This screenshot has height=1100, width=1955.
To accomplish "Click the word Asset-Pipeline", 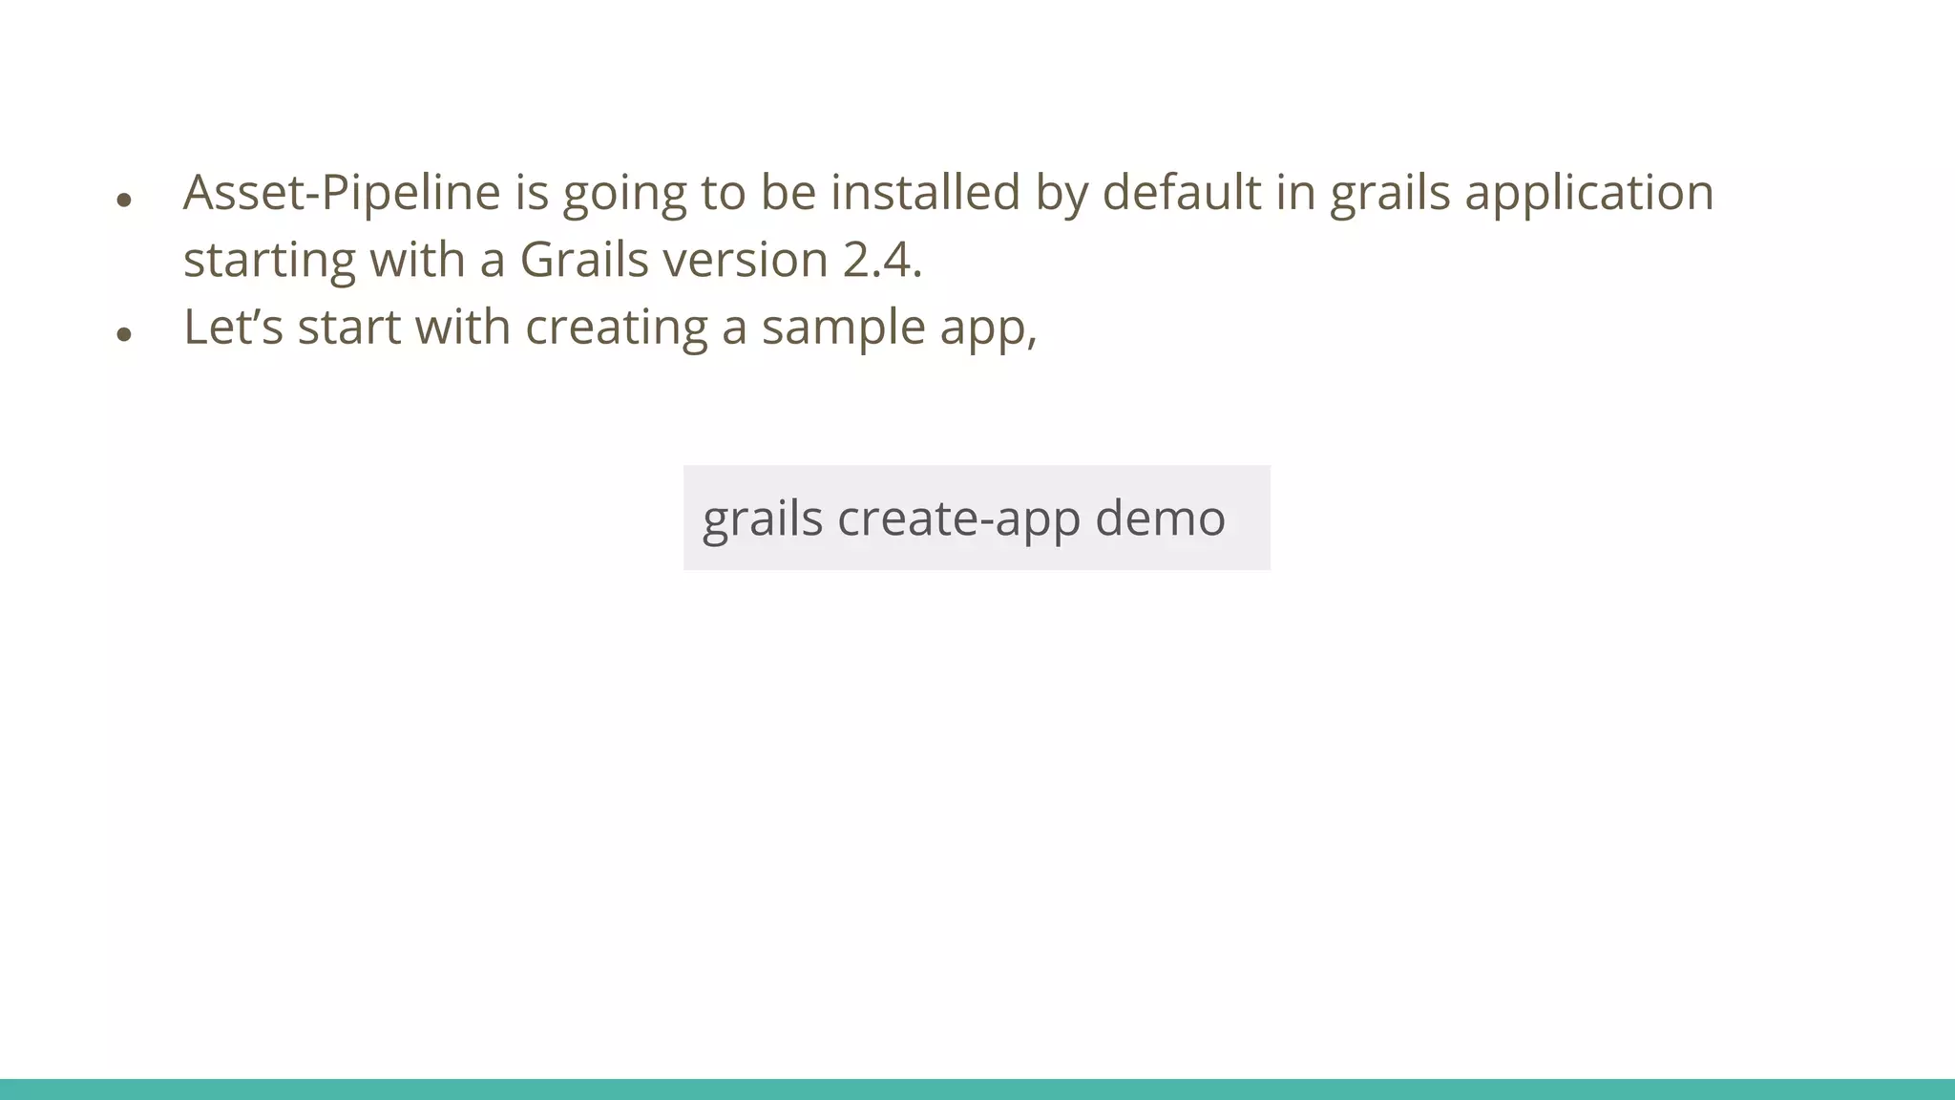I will (x=342, y=193).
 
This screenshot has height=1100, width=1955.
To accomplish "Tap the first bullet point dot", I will (x=123, y=200).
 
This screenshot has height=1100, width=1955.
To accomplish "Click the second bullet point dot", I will (x=123, y=334).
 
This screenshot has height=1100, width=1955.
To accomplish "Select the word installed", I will (x=925, y=193).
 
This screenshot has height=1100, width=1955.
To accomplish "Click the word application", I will (x=1588, y=193).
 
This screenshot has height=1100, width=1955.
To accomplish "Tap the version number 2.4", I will (x=882, y=260).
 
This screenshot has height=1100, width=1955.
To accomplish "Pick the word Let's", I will (x=233, y=328).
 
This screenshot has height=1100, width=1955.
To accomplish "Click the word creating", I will (x=616, y=328).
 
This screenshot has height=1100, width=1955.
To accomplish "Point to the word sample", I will (x=843, y=328).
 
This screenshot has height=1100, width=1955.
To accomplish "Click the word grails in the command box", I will (x=762, y=518).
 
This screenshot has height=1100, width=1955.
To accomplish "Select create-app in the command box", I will (x=958, y=518).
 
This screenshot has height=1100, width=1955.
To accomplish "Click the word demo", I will (x=1159, y=518).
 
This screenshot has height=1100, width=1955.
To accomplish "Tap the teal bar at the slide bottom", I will (x=977, y=1089).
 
